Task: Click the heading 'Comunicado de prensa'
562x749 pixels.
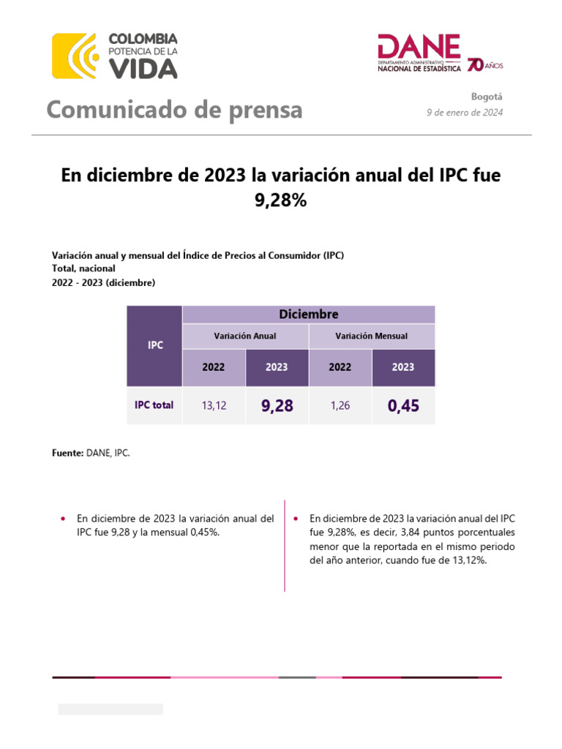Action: (174, 110)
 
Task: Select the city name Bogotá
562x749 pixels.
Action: (487, 97)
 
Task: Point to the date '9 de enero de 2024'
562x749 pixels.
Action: (465, 112)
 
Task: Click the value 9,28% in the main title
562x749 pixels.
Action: (280, 200)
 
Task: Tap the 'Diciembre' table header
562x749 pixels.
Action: (308, 314)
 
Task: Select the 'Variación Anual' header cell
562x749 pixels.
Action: (244, 336)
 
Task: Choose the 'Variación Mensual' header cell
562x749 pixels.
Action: (371, 336)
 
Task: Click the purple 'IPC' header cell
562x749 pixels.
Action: (155, 345)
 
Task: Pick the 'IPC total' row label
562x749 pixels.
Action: (154, 404)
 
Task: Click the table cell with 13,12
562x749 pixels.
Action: (213, 405)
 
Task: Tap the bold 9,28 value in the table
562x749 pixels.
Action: (277, 405)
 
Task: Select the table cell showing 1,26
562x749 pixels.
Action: (340, 405)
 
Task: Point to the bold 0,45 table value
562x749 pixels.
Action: (403, 405)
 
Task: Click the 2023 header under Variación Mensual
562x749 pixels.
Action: (403, 367)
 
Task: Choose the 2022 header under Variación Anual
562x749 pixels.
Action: (213, 367)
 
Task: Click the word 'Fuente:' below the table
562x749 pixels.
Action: (67, 453)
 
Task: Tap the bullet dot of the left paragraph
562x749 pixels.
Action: (63, 519)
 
